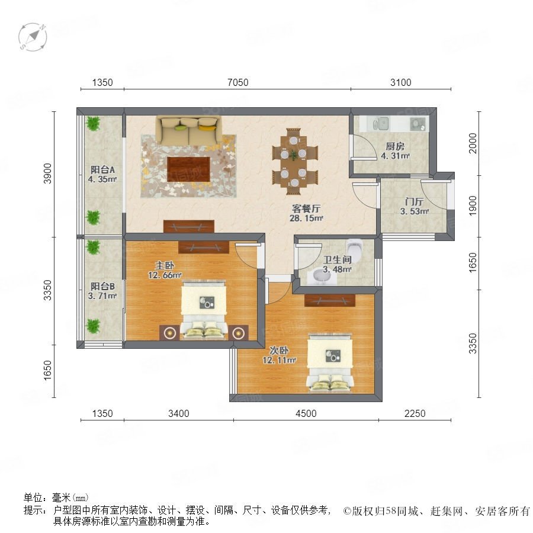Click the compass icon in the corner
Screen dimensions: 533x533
[33, 37]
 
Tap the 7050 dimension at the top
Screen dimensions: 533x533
[238, 82]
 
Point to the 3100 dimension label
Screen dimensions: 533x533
[401, 82]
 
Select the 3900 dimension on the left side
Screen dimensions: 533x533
[47, 174]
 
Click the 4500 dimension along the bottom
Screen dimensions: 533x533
[306, 413]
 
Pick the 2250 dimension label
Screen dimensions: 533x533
[415, 413]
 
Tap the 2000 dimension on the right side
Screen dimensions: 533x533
[473, 143]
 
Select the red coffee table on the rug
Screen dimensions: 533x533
[189, 169]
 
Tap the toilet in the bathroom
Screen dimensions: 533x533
[355, 248]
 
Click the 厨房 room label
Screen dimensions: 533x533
[395, 146]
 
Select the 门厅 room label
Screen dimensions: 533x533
[414, 201]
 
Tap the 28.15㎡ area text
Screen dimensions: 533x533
[306, 218]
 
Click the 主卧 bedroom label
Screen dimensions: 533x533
[165, 265]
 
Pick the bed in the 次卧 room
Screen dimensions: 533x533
[330, 362]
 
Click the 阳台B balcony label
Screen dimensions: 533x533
[102, 286]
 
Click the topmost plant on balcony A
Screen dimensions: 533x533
[93, 123]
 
